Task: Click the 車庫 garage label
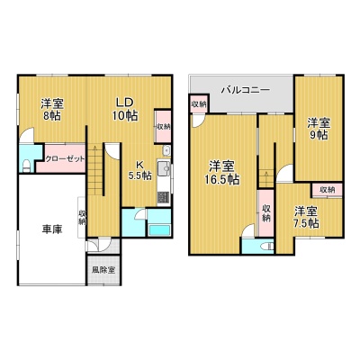(52, 229)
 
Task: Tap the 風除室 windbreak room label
(103, 270)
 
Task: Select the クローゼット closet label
(65, 159)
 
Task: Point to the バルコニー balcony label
(246, 90)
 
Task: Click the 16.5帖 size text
(222, 180)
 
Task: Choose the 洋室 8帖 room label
(52, 110)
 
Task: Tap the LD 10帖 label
(125, 109)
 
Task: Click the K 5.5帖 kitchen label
(139, 170)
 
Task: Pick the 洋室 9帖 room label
(319, 129)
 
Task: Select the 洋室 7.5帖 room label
(306, 217)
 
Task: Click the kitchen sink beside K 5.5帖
(164, 170)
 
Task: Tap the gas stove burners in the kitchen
(164, 197)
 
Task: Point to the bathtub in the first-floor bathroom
(160, 230)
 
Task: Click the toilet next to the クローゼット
(26, 166)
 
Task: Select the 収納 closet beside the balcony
(199, 104)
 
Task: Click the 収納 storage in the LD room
(163, 127)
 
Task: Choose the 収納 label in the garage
(82, 218)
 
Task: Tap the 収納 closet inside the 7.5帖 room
(327, 190)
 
